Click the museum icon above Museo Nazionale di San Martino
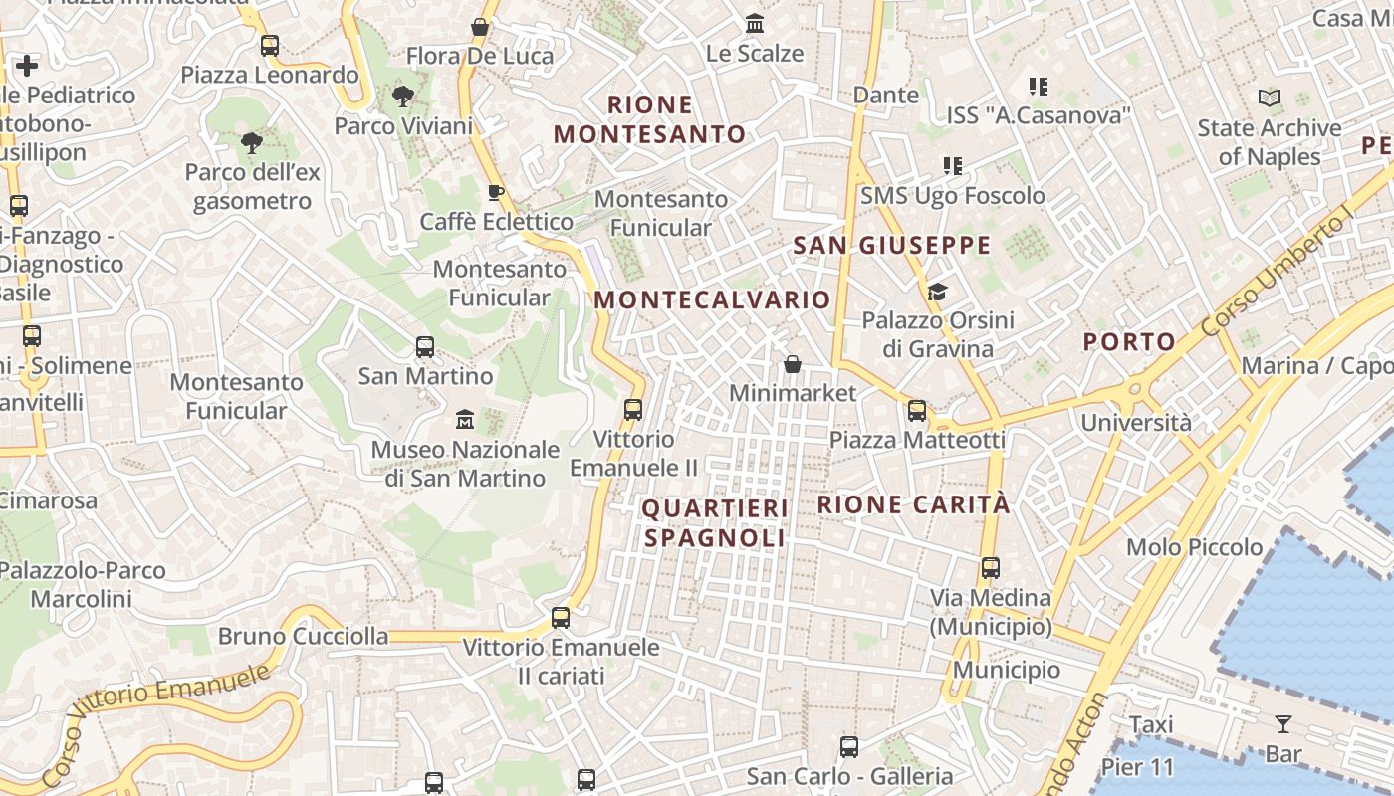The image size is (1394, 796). pos(464,420)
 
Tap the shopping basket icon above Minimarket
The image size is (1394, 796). pos(793,364)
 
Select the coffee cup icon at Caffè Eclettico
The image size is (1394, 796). pos(495,192)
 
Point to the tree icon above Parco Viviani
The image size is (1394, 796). pos(403,97)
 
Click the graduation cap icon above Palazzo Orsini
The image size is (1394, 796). pos(937,292)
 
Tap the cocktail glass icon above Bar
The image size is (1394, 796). pos(1283,724)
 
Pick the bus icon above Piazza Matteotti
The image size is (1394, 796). pos(917,410)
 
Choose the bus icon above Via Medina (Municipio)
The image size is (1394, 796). pos(991,568)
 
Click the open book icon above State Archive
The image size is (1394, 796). pos(1269,99)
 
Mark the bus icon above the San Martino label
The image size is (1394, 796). pos(425,347)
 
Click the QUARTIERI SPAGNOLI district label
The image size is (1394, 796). pos(715,523)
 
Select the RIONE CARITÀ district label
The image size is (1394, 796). pos(913,504)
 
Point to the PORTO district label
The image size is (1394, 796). pos(1129,342)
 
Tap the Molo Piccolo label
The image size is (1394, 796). pos(1194,547)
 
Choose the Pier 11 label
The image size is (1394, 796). pos(1136,768)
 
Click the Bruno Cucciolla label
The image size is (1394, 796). pos(303,636)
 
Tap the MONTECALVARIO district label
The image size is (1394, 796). pos(712,299)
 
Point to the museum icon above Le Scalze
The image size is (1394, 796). pos(755,24)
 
